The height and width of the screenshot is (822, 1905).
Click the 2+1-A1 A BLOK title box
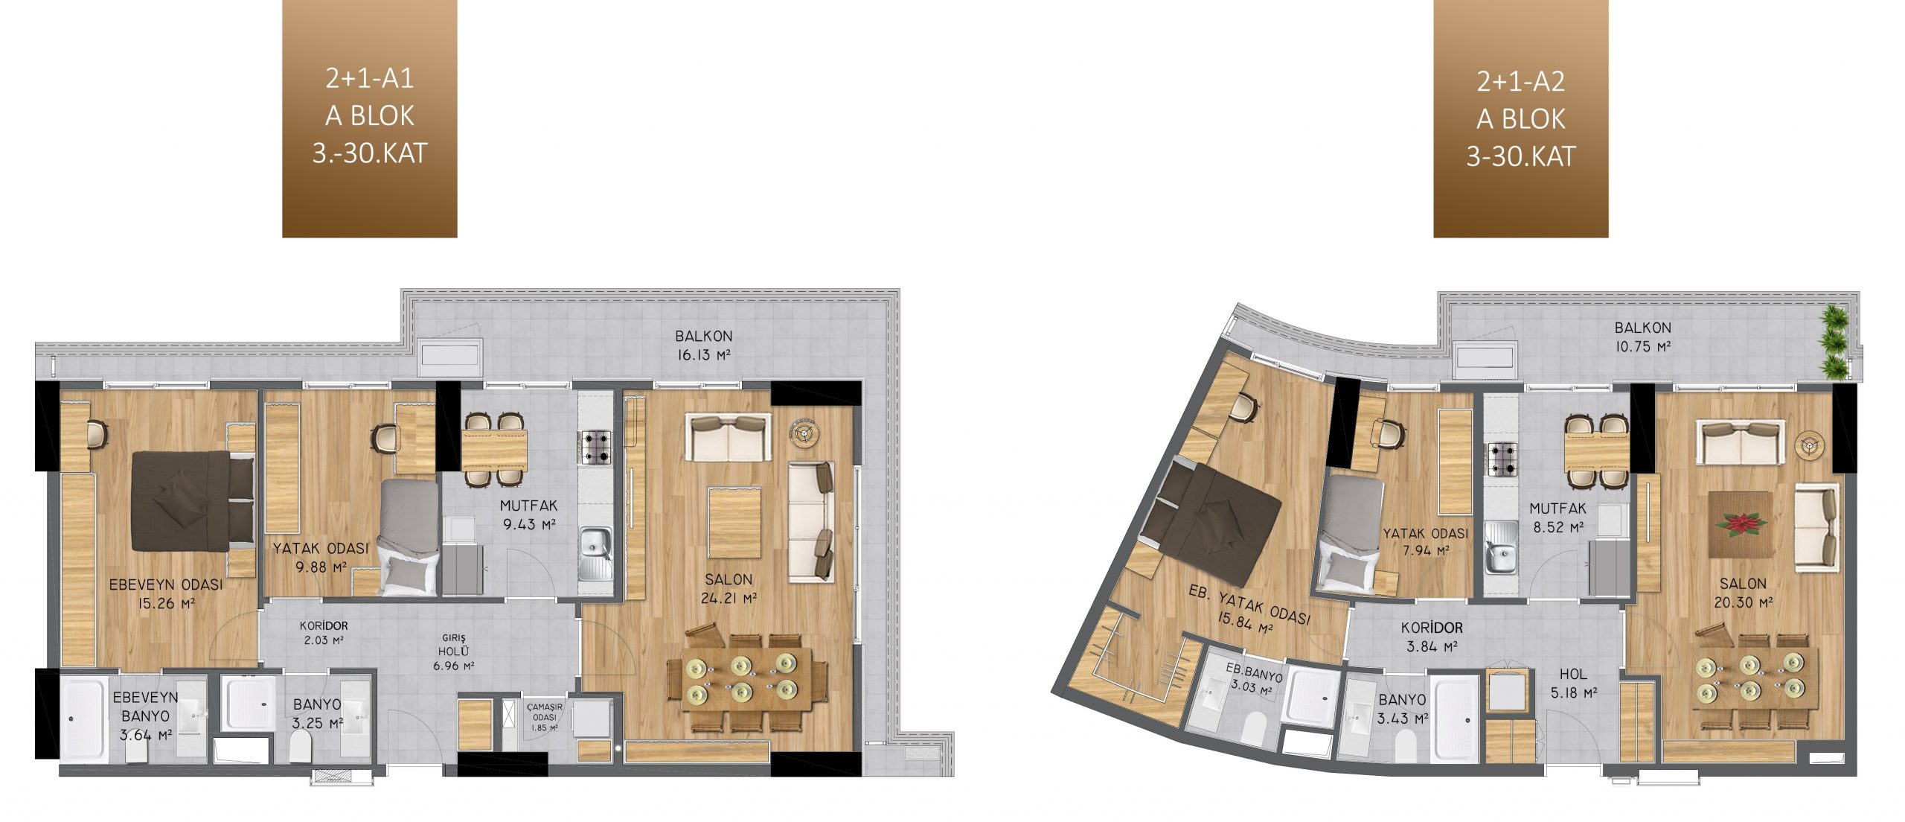[369, 118]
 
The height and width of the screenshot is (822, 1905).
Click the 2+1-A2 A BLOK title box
[1520, 118]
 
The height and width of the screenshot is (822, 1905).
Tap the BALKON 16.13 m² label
[704, 345]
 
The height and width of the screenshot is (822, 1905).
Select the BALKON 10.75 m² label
[1642, 337]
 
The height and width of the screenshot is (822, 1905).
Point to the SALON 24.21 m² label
[729, 588]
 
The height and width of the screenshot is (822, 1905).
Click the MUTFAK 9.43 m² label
[528, 514]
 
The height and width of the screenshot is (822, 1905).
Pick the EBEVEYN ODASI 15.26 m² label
[166, 594]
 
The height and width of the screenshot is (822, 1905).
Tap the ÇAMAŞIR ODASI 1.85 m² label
[543, 716]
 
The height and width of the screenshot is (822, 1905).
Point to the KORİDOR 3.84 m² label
[1432, 637]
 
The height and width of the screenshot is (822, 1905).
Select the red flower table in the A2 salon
[1739, 524]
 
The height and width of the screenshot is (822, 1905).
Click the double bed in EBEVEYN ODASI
[193, 500]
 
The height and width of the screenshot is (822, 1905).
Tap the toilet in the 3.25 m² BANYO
[301, 747]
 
